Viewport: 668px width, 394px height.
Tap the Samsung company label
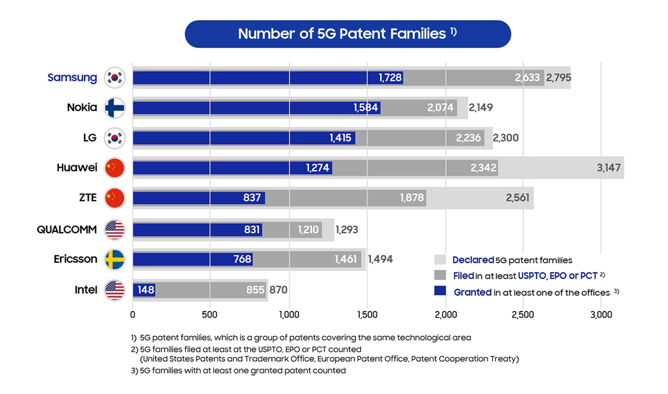tap(72, 78)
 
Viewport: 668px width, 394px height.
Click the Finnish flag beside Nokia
tap(115, 107)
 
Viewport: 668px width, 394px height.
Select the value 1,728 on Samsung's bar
tap(390, 78)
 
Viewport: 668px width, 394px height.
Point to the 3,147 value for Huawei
tap(608, 168)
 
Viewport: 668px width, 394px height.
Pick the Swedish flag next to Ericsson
tap(115, 259)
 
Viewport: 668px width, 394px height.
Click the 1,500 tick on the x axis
tap(367, 315)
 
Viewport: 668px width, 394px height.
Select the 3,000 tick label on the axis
tap(601, 315)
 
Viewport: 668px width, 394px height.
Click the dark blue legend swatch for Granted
tap(440, 292)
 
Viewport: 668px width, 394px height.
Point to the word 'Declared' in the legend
tap(473, 260)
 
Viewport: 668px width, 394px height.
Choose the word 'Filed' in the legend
tap(464, 275)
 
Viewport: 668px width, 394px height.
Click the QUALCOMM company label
tap(67, 229)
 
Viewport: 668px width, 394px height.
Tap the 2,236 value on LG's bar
tap(468, 138)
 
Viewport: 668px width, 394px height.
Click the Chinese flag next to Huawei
tap(115, 168)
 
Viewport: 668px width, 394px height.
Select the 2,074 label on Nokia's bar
tap(440, 108)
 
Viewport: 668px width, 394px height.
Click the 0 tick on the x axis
tap(132, 315)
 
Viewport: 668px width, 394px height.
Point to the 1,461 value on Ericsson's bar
tap(346, 259)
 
